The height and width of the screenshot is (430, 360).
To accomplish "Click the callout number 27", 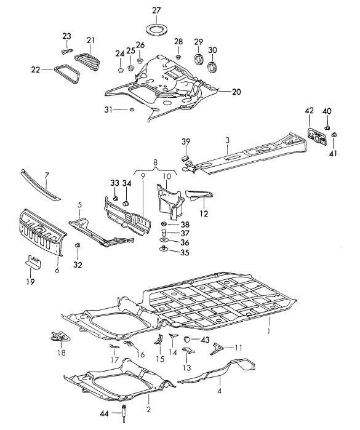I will (156, 10).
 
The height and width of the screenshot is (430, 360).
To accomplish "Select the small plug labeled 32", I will (78, 248).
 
